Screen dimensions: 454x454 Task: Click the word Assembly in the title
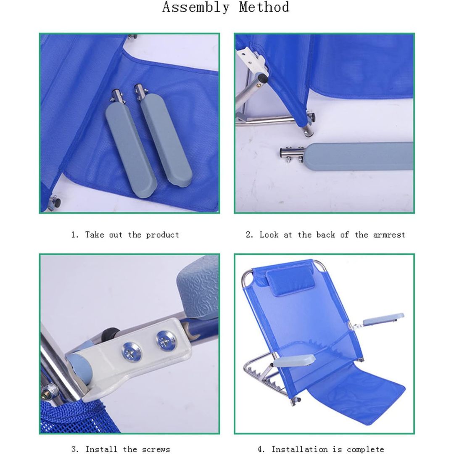pos(196,7)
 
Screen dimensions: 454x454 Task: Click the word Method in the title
pos(264,7)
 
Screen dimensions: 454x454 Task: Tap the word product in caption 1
pos(162,235)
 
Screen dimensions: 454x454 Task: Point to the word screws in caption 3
pos(156,449)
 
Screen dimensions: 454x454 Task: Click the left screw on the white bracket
pos(132,351)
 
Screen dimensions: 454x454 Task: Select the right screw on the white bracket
pos(166,341)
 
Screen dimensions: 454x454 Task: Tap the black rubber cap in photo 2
pos(263,78)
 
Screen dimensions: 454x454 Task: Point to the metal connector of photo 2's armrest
pos(292,154)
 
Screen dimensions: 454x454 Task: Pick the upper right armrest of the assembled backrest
pos(383,319)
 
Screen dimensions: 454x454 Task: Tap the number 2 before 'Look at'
pos(248,235)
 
